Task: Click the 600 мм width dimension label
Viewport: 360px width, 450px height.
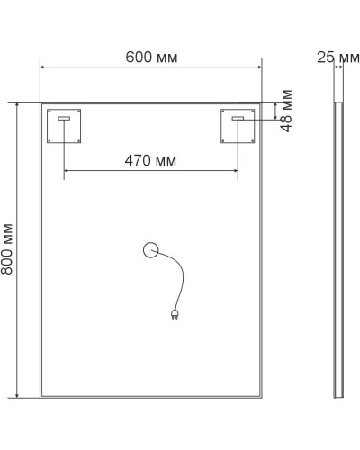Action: click(x=151, y=57)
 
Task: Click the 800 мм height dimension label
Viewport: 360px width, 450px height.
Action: click(x=7, y=249)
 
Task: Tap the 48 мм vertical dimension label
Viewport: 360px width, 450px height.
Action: click(x=287, y=111)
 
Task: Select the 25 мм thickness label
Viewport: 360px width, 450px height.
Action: click(x=337, y=57)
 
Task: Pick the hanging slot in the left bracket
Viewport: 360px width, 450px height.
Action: click(x=65, y=119)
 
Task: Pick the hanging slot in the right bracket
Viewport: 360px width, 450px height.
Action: click(x=238, y=119)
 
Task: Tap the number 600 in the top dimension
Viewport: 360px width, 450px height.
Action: click(x=139, y=57)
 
